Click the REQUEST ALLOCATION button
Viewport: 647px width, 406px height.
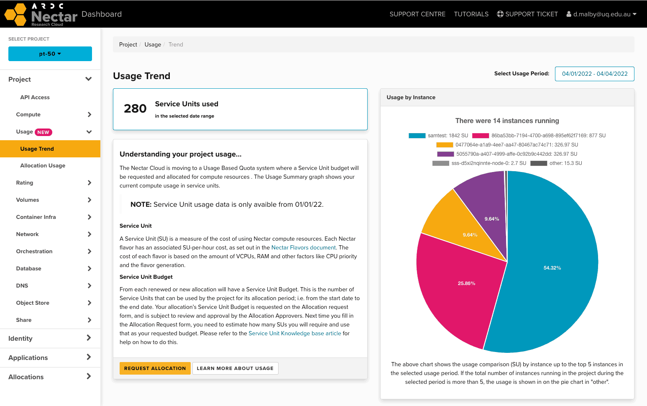(155, 368)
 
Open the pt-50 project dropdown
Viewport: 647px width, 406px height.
(50, 54)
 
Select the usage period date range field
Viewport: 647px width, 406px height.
(594, 74)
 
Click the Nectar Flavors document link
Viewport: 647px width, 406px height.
(303, 248)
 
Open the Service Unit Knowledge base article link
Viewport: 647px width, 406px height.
(295, 334)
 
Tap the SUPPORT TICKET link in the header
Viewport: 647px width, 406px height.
(527, 14)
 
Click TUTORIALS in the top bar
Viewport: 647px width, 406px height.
(471, 14)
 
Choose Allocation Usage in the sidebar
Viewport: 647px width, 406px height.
(43, 166)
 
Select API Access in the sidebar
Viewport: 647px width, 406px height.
(35, 98)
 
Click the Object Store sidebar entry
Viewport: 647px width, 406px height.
(33, 303)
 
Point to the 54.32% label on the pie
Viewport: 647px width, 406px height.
(552, 268)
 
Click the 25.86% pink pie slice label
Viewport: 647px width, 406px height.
(466, 283)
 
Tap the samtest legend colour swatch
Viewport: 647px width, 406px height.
(417, 136)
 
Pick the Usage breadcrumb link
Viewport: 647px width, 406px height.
(153, 45)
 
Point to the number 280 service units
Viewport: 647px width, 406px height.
(135, 109)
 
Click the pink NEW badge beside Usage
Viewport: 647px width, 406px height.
(43, 132)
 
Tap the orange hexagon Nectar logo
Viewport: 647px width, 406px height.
(15, 14)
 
